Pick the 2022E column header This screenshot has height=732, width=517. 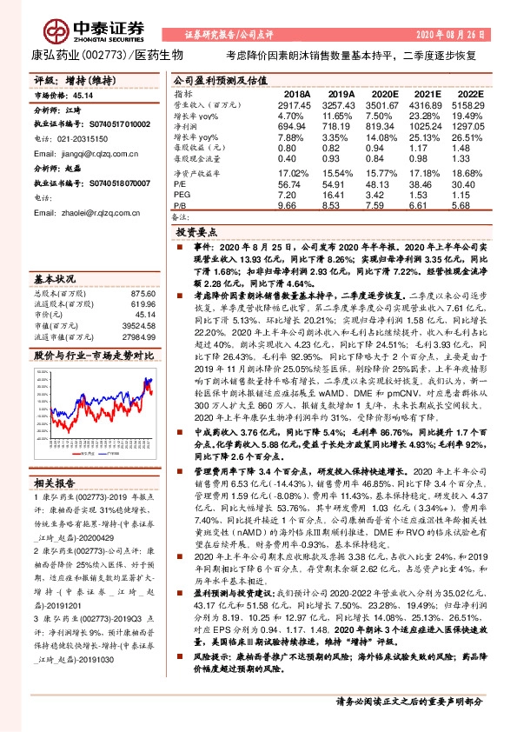coord(468,93)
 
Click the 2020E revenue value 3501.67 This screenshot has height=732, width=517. coord(382,103)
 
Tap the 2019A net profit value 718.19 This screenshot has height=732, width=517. coord(340,126)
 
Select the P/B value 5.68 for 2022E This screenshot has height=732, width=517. coord(467,207)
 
